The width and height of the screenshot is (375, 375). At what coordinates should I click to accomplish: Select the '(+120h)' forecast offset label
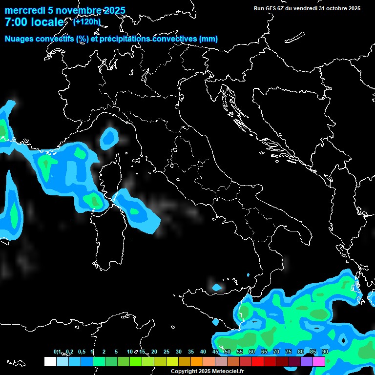click(86, 21)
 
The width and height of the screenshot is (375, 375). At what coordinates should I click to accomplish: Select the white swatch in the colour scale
click(50, 361)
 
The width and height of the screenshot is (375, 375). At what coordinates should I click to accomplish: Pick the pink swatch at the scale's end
click(319, 361)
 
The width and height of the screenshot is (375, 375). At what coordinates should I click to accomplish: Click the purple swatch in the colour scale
click(307, 361)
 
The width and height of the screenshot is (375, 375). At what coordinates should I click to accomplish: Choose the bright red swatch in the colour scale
click(258, 361)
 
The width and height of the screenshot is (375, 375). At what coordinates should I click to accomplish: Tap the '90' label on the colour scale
click(325, 352)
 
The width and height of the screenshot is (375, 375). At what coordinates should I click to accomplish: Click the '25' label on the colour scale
click(167, 352)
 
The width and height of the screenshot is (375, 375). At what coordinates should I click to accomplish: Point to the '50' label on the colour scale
click(228, 352)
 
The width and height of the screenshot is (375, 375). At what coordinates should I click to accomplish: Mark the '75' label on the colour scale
click(289, 352)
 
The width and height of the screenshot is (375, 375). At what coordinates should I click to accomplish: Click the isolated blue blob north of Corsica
click(108, 138)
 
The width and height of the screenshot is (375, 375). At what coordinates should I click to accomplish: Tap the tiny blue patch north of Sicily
click(216, 287)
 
